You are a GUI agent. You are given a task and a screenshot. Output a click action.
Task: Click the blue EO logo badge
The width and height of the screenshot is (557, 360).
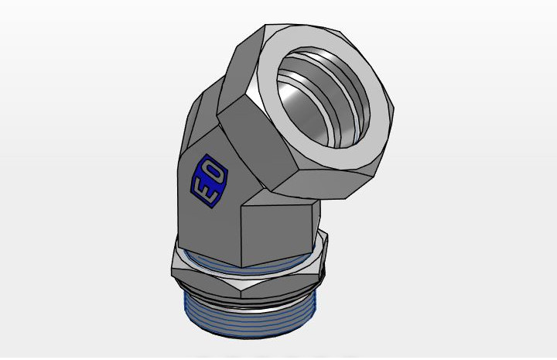click(x=209, y=181)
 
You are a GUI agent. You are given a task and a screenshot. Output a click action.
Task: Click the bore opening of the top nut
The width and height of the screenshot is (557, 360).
click(x=323, y=97)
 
